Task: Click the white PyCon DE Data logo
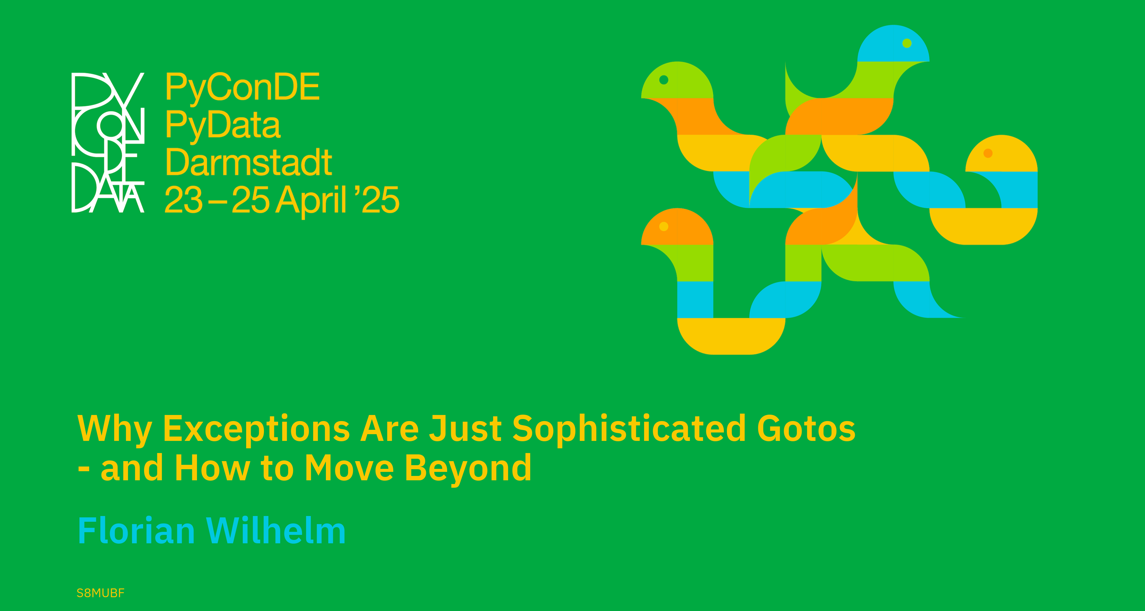pos(108,142)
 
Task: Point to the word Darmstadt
pos(248,162)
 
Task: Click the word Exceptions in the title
pos(257,429)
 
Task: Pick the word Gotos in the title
pos(806,429)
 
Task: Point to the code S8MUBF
pos(100,593)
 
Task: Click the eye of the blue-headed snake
pos(907,43)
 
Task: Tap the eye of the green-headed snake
pos(664,79)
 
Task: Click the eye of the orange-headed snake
pos(664,226)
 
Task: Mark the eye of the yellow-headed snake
pos(988,153)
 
